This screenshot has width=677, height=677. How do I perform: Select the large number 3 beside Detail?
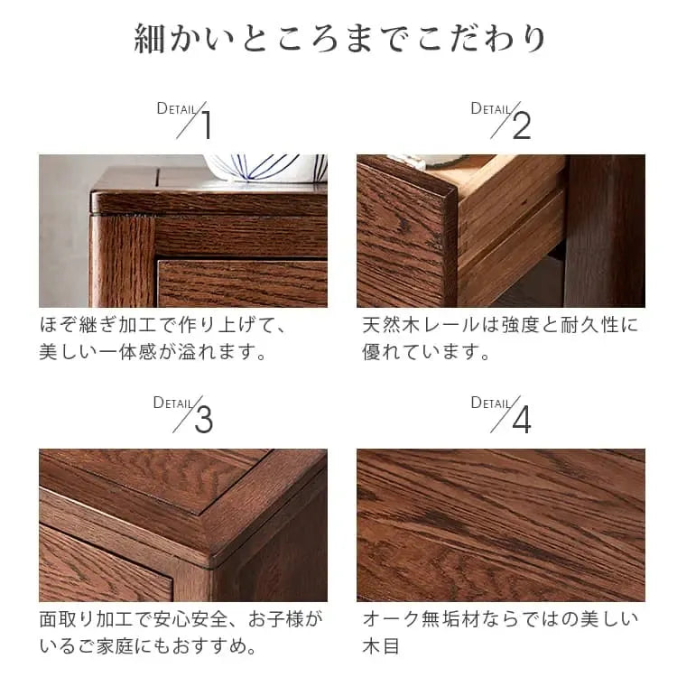pyautogui.click(x=204, y=420)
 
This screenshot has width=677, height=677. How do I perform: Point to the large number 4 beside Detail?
pyautogui.click(x=522, y=420)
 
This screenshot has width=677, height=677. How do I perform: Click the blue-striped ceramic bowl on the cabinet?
pyautogui.click(x=264, y=168)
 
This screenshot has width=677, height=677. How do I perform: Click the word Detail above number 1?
pyautogui.click(x=176, y=108)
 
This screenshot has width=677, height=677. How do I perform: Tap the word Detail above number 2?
pyautogui.click(x=491, y=108)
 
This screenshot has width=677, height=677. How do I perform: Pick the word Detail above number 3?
pyautogui.click(x=172, y=403)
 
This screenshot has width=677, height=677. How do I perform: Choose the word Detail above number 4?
pyautogui.click(x=491, y=403)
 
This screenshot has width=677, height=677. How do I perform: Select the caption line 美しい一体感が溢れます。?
pyautogui.click(x=154, y=352)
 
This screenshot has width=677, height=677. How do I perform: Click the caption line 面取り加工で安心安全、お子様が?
pyautogui.click(x=181, y=619)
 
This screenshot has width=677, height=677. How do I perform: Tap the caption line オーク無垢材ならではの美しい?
pyautogui.click(x=500, y=619)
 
